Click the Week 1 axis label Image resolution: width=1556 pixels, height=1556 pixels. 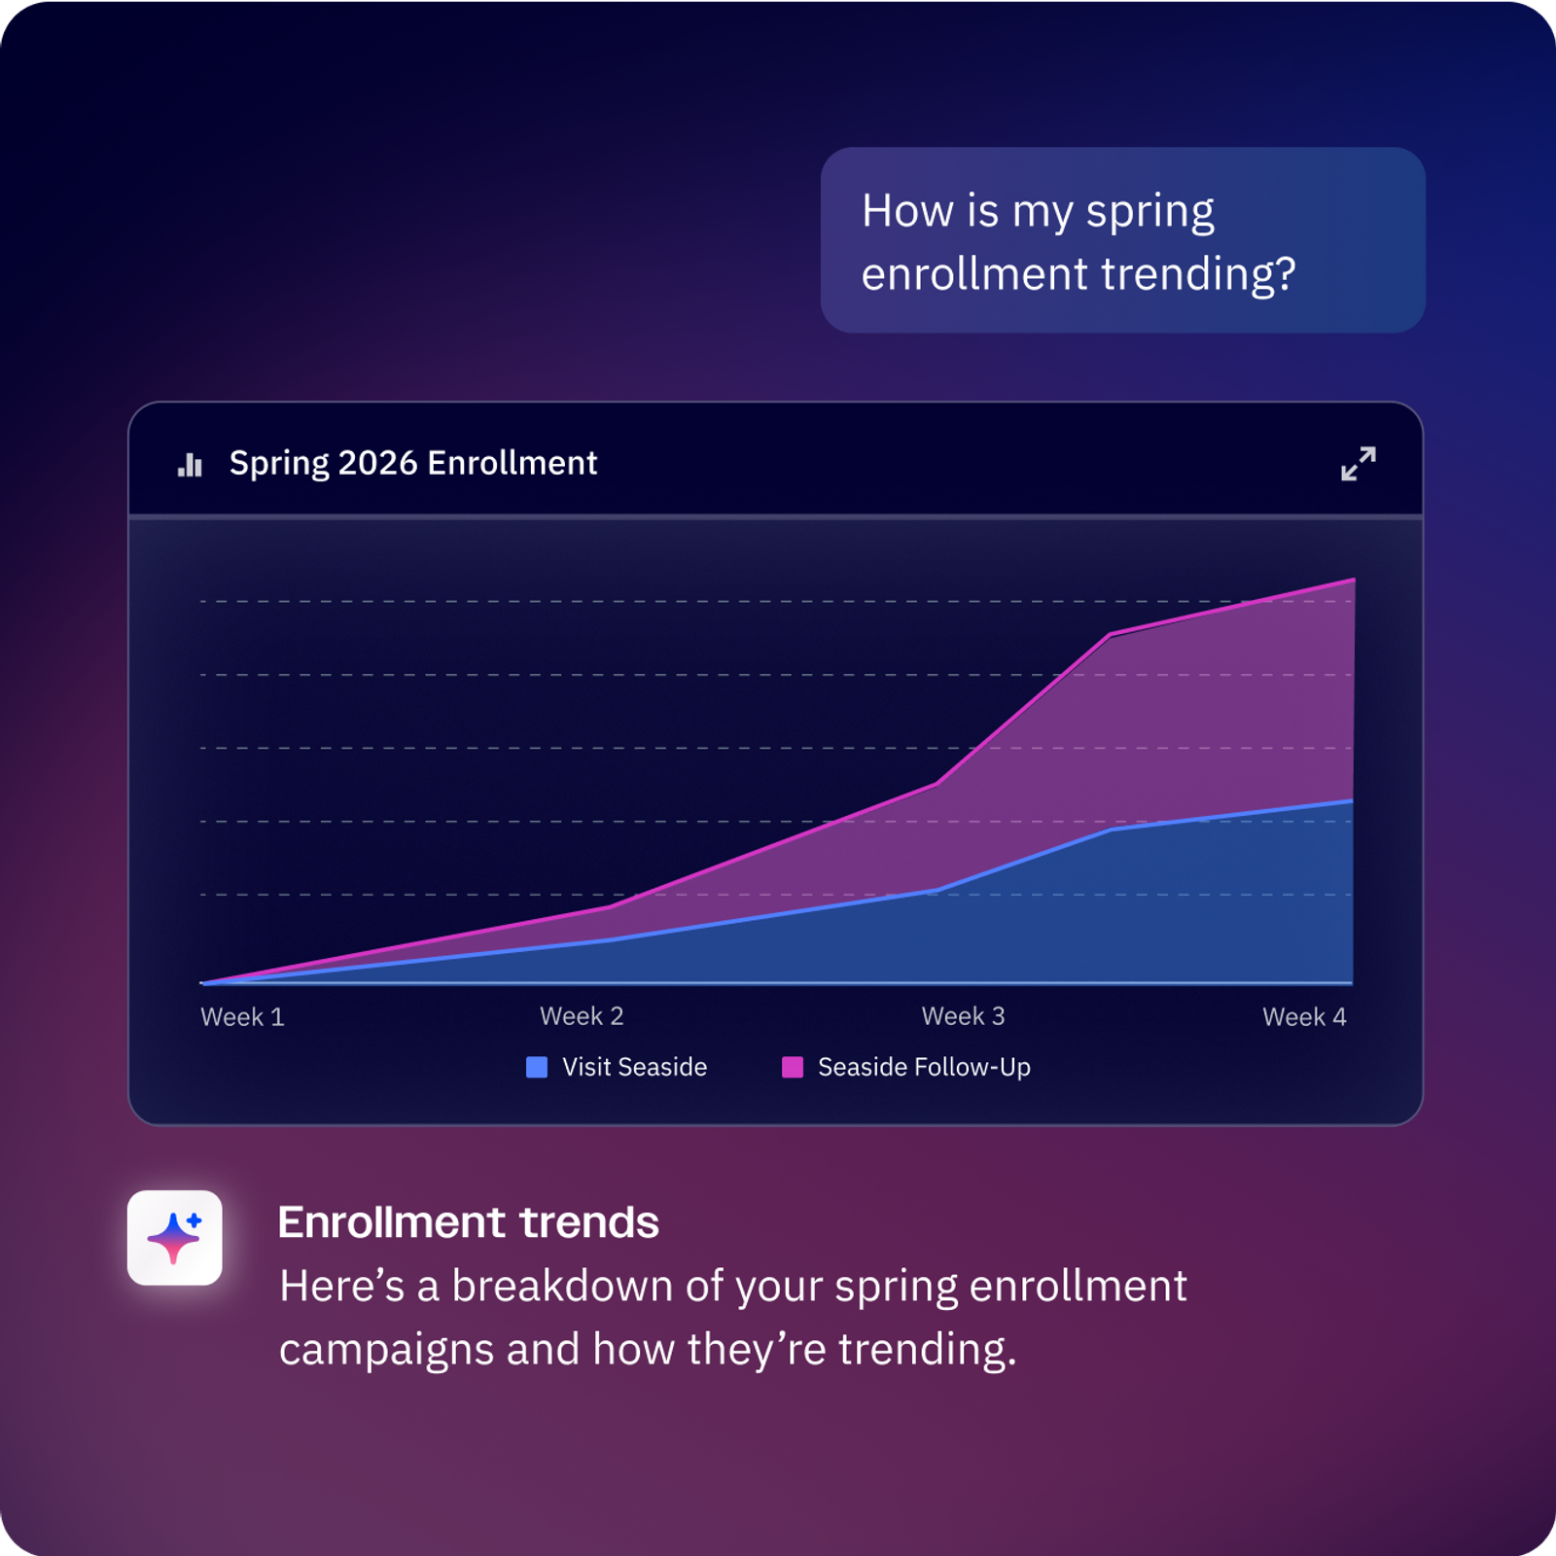[x=242, y=1017]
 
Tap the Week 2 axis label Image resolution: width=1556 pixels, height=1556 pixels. [x=582, y=1016]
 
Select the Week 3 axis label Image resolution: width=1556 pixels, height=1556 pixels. [x=963, y=1016]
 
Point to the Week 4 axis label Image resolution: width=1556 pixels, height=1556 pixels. [x=1304, y=1017]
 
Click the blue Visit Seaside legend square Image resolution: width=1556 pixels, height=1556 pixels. [x=537, y=1067]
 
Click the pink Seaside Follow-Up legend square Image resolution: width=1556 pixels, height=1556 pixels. [x=793, y=1067]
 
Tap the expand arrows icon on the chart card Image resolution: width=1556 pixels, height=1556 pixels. [x=1358, y=464]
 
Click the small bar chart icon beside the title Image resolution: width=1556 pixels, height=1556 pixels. [x=190, y=465]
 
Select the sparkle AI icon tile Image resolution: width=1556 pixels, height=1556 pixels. [x=174, y=1237]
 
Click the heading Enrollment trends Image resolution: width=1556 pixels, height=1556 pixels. [x=469, y=1222]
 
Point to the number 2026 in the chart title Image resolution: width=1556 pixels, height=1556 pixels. [x=377, y=463]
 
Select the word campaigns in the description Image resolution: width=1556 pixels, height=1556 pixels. [x=386, y=1350]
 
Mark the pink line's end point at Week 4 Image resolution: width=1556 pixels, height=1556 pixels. [x=1354, y=580]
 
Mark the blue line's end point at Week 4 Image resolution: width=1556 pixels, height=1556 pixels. [x=1353, y=800]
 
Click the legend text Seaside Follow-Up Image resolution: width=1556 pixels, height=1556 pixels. [x=924, y=1067]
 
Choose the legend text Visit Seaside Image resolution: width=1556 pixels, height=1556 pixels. [x=634, y=1067]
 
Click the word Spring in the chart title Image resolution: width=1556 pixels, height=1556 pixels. [x=279, y=464]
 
